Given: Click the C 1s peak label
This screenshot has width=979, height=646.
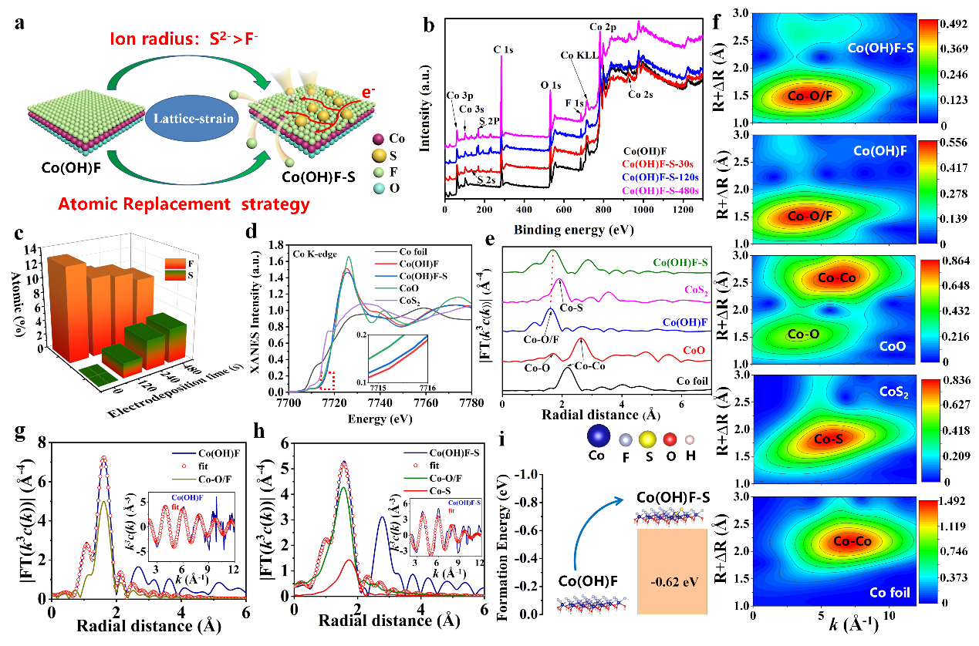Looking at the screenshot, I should pos(502,50).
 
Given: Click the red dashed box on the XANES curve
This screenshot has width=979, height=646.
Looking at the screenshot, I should pos(327,380).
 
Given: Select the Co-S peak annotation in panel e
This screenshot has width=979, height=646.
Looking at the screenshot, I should pos(572,308).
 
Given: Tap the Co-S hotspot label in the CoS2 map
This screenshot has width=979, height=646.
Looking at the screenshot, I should pos(828,440).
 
